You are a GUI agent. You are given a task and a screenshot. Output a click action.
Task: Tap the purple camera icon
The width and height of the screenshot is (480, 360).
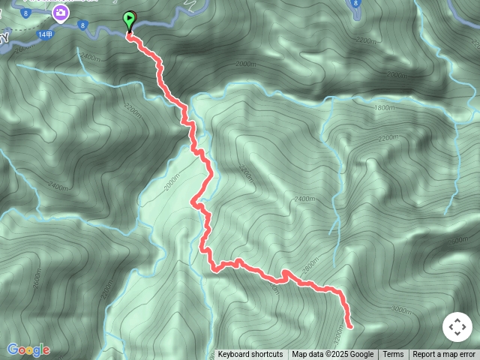pyautogui.click(x=59, y=12)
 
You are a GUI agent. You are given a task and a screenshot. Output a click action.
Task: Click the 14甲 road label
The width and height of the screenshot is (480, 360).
pyautogui.click(x=45, y=34)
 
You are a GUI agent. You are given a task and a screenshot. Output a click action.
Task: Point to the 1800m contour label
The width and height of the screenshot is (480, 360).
pyautogui.click(x=383, y=108)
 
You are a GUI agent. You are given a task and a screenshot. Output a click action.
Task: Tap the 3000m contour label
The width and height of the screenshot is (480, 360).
pyautogui.click(x=401, y=310)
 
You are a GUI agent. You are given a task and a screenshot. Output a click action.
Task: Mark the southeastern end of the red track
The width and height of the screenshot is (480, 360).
pyautogui.click(x=349, y=325)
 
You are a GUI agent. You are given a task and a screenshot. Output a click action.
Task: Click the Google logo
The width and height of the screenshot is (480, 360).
pyautogui.click(x=28, y=349)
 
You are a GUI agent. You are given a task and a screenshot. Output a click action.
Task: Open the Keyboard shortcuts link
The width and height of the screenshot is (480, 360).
pyautogui.click(x=250, y=355)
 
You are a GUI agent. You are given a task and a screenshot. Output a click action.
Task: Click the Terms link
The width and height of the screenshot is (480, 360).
pyautogui.click(x=393, y=355)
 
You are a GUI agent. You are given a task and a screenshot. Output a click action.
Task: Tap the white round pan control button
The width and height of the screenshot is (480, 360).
pyautogui.click(x=457, y=327)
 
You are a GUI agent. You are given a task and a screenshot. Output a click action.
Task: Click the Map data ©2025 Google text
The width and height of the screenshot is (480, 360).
pyautogui.click(x=332, y=355)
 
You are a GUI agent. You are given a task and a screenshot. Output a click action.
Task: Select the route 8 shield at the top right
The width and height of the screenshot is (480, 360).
pyautogui.click(x=355, y=4)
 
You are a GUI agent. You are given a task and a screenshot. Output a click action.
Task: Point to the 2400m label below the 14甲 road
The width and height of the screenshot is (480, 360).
pyautogui.click(x=89, y=57)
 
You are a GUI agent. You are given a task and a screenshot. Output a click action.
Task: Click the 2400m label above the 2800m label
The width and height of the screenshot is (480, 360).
pyautogui.click(x=304, y=199)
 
